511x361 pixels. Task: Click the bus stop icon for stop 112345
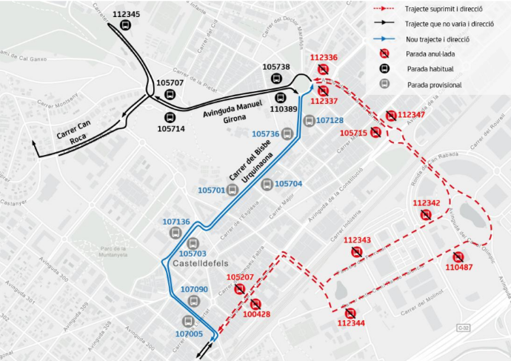tap(125, 26)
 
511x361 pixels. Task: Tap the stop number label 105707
tap(170, 83)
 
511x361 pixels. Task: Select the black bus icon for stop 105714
tap(170, 116)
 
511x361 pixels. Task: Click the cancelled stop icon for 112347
tap(390, 115)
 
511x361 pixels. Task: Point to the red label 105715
tap(353, 133)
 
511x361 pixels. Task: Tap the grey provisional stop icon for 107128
tap(309, 121)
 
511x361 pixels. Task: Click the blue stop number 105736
tap(265, 134)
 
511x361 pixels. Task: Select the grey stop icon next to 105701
tap(233, 190)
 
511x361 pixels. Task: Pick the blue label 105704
tap(288, 184)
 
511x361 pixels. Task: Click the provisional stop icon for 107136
tap(176, 233)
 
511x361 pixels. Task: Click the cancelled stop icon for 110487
tap(458, 256)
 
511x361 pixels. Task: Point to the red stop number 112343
tap(357, 240)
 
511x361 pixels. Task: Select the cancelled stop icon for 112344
tap(350, 313)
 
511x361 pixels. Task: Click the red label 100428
tap(256, 315)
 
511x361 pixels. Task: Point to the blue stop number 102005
tap(188, 334)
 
